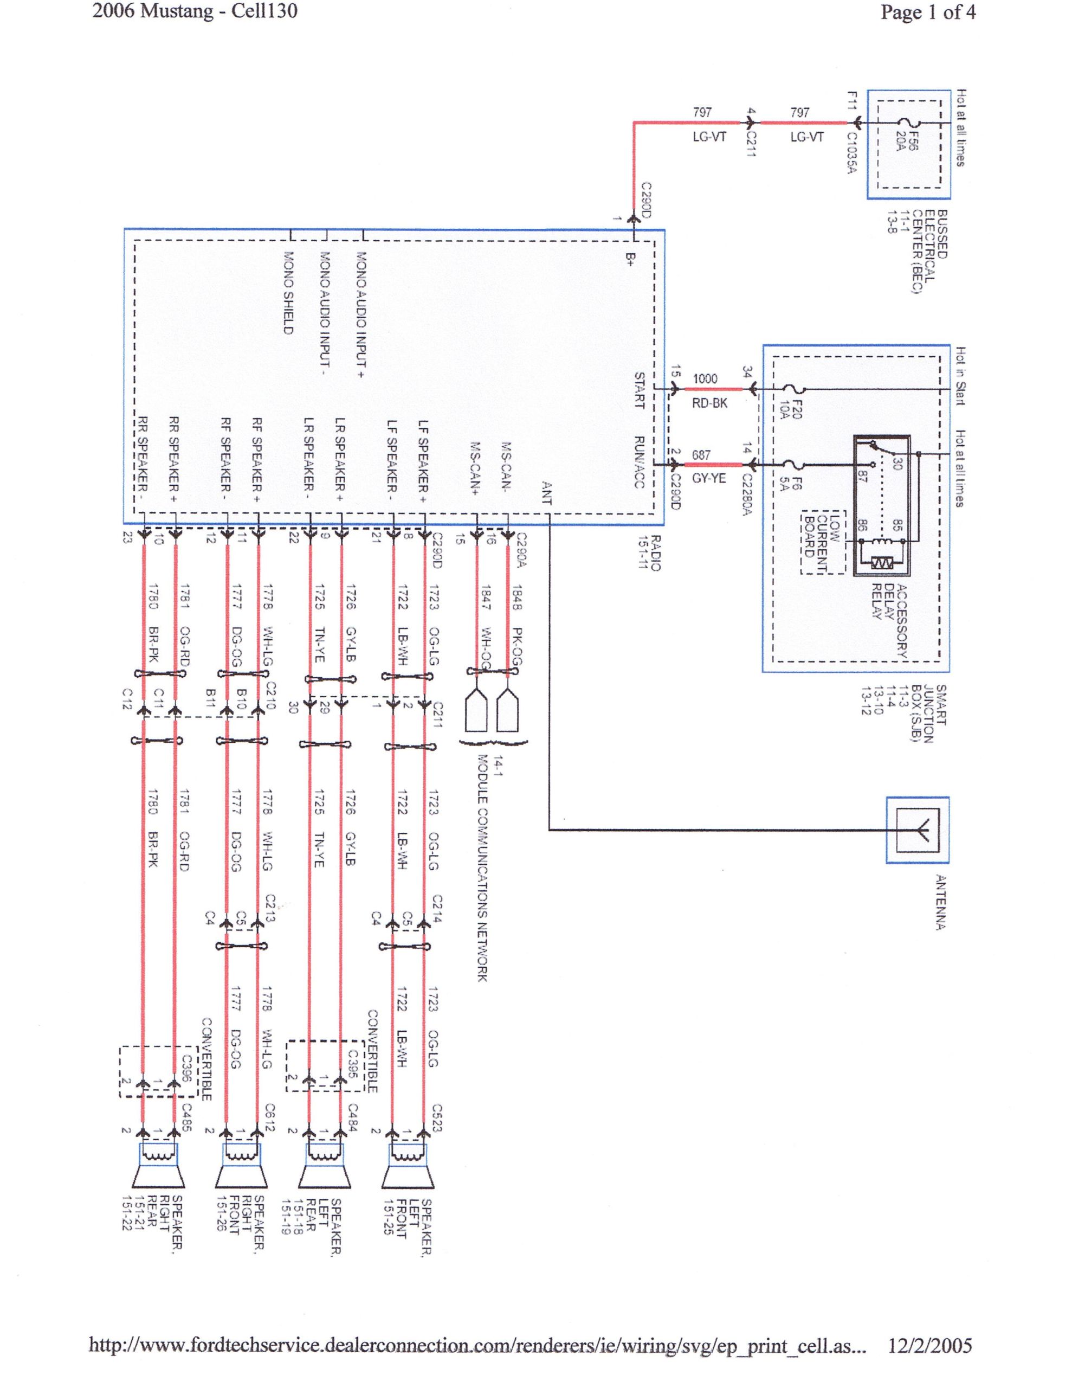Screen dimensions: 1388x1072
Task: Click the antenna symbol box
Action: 917,830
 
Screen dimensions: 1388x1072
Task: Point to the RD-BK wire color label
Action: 709,403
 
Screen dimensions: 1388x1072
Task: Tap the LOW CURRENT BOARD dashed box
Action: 824,542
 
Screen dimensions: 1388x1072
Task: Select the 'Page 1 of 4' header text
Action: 928,12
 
